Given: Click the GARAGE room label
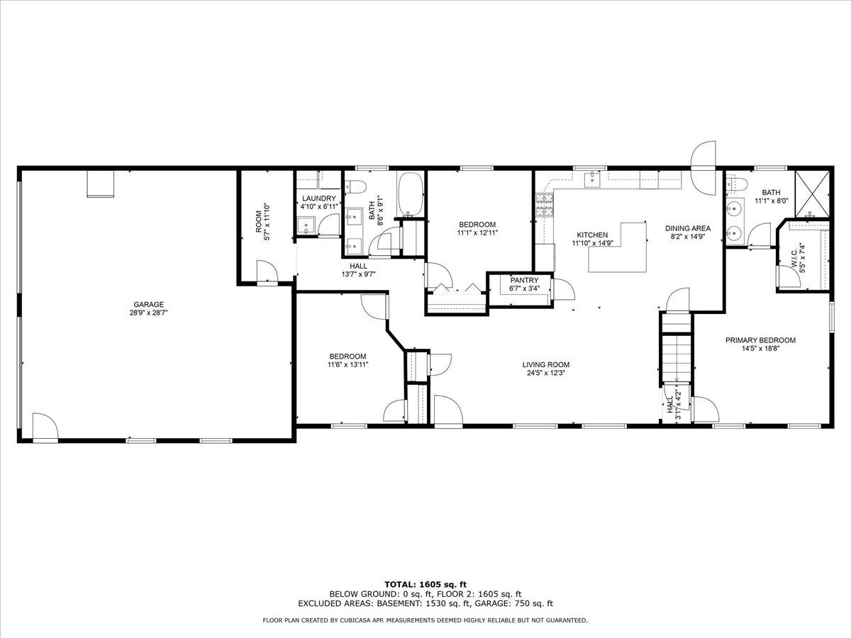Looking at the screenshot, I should tap(133, 304).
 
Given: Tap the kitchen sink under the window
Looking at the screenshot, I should tap(590, 180).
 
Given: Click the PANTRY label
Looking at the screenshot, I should tap(524, 281).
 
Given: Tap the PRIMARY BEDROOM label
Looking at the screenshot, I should tap(760, 340).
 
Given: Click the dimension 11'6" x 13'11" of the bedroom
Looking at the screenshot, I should tap(347, 364).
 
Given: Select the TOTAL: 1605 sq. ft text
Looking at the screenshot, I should tap(425, 584).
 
